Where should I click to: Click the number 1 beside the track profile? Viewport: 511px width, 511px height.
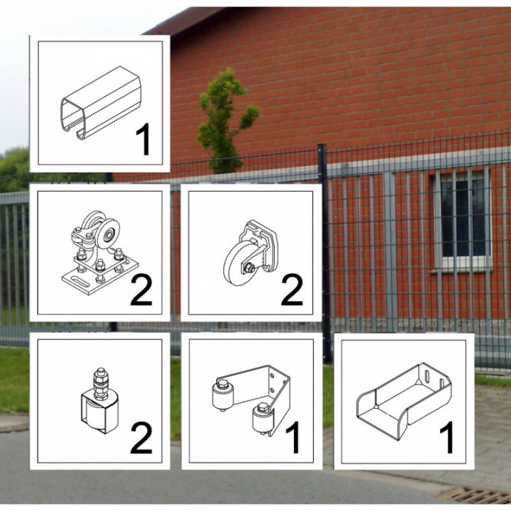pyautogui.click(x=143, y=139)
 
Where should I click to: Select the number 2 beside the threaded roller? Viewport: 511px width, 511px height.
pyautogui.click(x=141, y=438)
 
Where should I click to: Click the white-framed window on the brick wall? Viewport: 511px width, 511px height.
pyautogui.click(x=463, y=220)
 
